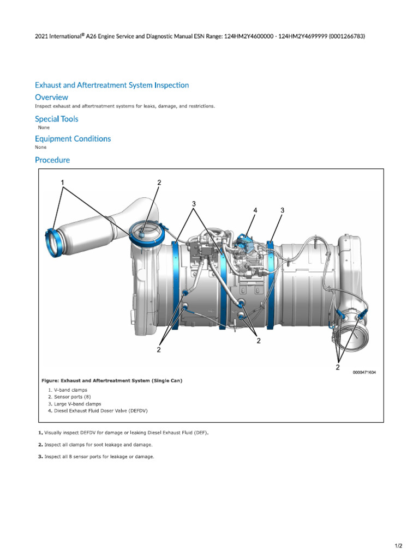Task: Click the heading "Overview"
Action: click(x=51, y=97)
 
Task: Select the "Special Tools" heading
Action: click(x=56, y=119)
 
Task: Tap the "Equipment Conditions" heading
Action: click(x=73, y=138)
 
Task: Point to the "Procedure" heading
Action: click(x=52, y=160)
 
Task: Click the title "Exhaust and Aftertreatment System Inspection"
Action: click(x=112, y=85)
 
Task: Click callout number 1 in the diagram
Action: click(x=63, y=182)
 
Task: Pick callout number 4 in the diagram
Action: click(x=255, y=210)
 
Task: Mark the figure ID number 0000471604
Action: click(x=364, y=373)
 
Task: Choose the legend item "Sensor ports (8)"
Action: click(x=70, y=397)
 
